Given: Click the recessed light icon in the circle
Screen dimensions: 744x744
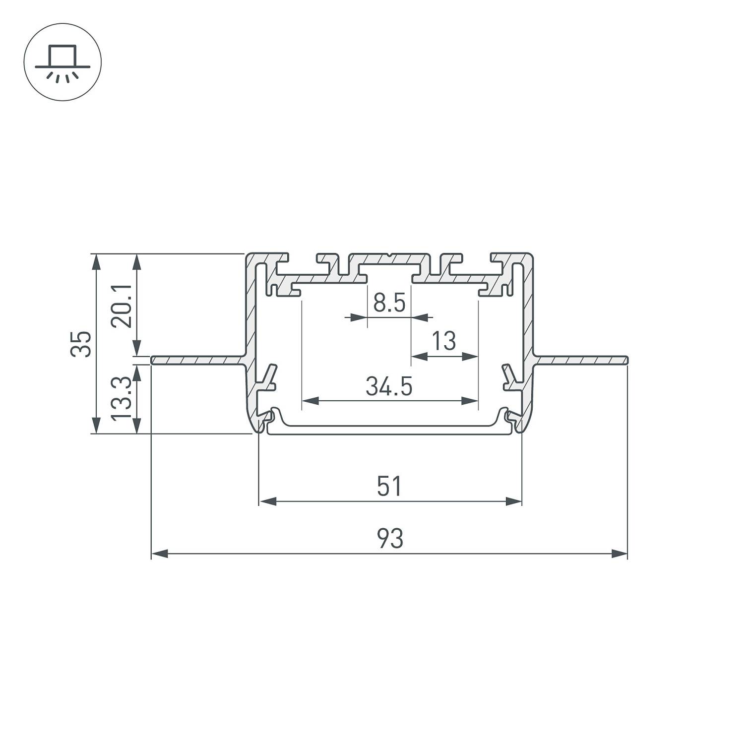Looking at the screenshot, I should [x=62, y=62].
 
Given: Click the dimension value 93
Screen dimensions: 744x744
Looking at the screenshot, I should [x=390, y=539].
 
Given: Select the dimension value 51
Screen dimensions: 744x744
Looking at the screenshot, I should [x=389, y=486].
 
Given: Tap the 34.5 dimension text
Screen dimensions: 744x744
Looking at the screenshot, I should [x=389, y=386].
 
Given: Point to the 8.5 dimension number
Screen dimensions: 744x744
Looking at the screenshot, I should [x=389, y=303].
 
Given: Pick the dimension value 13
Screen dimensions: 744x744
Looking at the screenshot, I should [x=443, y=341].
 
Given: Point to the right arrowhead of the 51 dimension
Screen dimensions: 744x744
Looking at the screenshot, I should [x=514, y=501].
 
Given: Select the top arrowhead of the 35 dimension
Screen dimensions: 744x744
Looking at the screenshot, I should [x=96, y=261].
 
